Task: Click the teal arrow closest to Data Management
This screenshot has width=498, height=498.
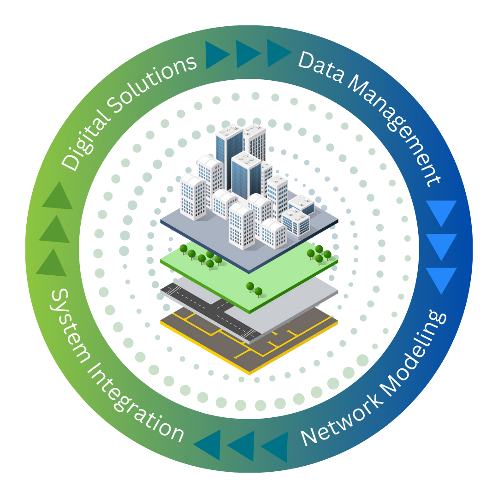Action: pos(279,53)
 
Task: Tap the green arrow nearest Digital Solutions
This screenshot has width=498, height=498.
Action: pos(58,196)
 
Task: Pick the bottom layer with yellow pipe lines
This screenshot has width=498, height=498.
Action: pos(277,350)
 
